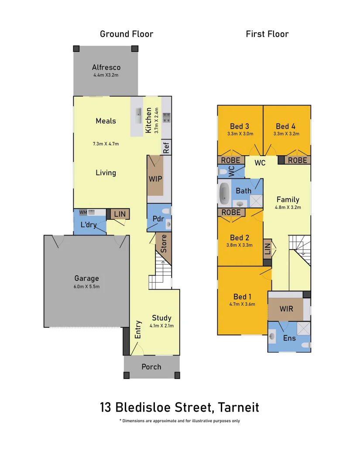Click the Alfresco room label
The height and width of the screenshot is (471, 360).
point(106,68)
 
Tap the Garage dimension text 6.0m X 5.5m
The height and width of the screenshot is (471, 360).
point(86,287)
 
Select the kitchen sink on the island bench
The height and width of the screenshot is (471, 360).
point(138,116)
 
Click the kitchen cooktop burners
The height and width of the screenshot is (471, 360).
point(166,117)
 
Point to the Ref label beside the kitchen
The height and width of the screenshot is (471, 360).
point(166,148)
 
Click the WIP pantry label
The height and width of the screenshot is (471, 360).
point(155,179)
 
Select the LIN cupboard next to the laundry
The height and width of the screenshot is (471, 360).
point(119,214)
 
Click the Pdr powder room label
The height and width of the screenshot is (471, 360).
point(158,218)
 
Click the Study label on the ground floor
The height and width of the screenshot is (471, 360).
point(161,318)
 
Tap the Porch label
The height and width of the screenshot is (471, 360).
point(151,367)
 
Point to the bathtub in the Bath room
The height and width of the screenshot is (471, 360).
point(224,193)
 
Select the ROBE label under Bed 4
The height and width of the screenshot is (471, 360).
point(297,160)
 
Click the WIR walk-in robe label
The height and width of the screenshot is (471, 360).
point(286,309)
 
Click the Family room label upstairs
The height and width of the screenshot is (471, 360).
point(288,200)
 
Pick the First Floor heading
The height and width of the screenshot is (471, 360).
point(267,34)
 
